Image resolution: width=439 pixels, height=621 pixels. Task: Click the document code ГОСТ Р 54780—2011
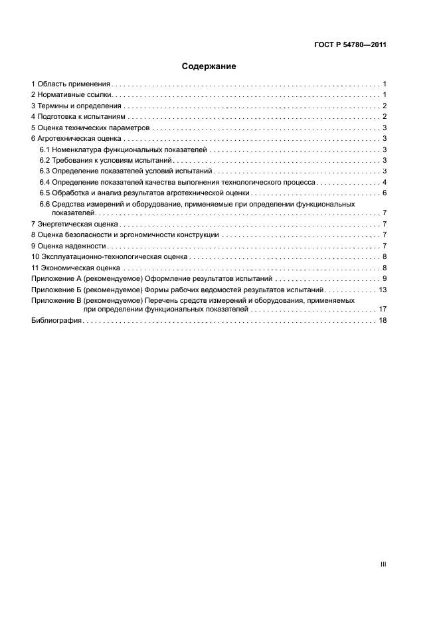pyautogui.click(x=349, y=45)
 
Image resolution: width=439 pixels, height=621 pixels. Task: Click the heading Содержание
pyautogui.click(x=209, y=67)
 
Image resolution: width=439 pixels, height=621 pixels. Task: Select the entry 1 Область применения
pyautogui.click(x=70, y=84)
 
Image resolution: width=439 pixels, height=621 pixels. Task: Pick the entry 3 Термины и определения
pyautogui.click(x=76, y=106)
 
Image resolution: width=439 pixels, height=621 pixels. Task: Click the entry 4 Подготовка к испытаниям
pyautogui.click(x=77, y=116)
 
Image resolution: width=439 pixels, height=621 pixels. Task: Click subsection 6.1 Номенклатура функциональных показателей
pyautogui.click(x=123, y=149)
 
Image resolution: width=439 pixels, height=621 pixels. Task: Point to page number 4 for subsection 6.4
pyautogui.click(x=385, y=182)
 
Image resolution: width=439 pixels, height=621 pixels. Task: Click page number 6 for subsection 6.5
pyautogui.click(x=385, y=193)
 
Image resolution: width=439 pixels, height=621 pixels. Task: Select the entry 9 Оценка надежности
pyautogui.click(x=68, y=246)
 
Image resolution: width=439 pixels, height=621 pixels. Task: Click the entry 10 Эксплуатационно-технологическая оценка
pyautogui.click(x=108, y=256)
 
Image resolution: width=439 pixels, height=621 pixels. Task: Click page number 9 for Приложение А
pyautogui.click(x=385, y=278)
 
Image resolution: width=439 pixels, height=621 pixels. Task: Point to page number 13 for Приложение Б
pyautogui.click(x=383, y=290)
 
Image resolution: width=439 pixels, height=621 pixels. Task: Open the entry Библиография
pyautogui.click(x=56, y=320)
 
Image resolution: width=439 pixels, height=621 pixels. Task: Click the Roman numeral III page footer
pyautogui.click(x=383, y=564)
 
